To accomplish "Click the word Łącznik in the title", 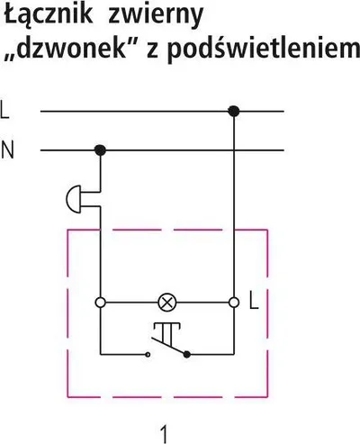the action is (49, 15).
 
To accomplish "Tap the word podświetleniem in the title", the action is (264, 50).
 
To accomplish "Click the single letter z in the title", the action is (153, 51).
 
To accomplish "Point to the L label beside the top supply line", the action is (4, 110).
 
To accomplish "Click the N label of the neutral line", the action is (7, 150).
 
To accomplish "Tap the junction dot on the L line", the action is (234, 112).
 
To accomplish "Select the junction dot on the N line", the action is (100, 150).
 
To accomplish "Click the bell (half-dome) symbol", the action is (74, 199).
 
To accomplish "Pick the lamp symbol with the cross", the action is (167, 303).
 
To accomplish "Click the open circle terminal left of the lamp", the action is (100, 303).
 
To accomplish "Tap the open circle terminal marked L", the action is (234, 303).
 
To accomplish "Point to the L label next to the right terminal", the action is (254, 300).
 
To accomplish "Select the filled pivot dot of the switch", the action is (187, 355).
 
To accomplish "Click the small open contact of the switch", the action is (148, 355).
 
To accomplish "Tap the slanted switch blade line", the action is (168, 346).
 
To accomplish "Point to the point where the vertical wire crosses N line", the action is (234, 150).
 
